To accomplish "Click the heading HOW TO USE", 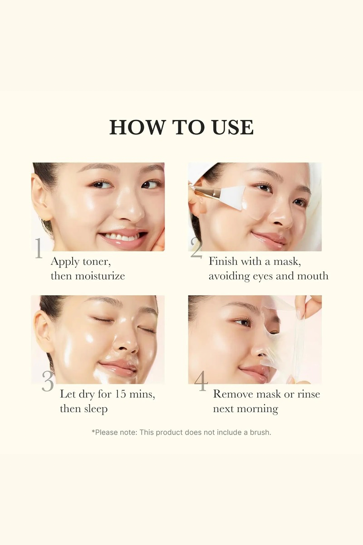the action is tap(181, 127).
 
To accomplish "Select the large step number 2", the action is tap(196, 248).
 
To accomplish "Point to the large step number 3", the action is tap(48, 381).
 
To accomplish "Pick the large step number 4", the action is tap(201, 381).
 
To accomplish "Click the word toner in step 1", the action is tap(97, 262).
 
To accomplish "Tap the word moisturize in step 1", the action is tap(100, 276).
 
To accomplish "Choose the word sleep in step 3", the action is tap(96, 409).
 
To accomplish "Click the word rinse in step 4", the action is tap(309, 394).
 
